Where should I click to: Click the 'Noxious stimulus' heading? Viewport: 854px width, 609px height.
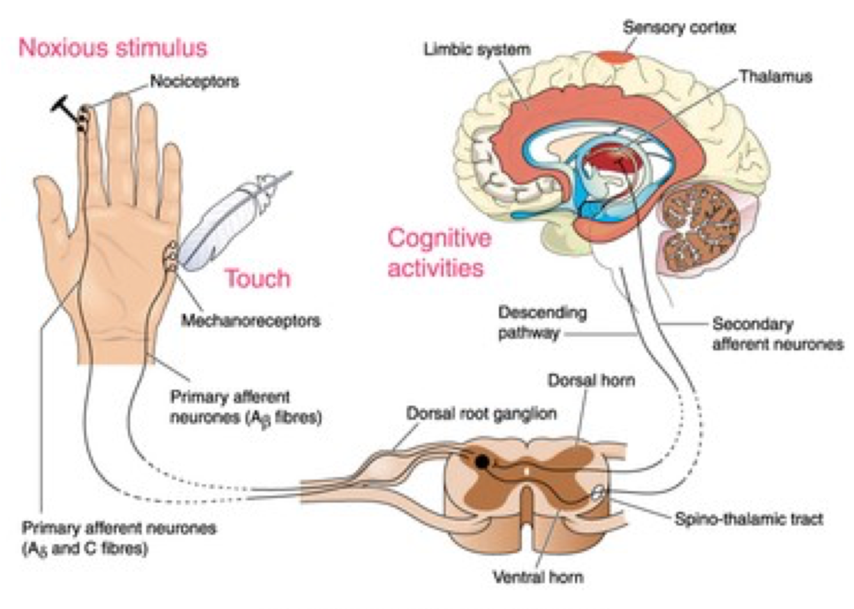point(113,48)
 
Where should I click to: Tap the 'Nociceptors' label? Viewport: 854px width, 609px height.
point(194,81)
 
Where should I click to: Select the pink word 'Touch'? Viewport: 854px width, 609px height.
point(257,279)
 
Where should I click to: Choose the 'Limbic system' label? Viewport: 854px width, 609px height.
point(477,49)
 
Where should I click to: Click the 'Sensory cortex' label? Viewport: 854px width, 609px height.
point(679,28)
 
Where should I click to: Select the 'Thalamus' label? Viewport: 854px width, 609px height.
point(775,77)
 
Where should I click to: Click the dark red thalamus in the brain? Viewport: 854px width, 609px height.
point(615,160)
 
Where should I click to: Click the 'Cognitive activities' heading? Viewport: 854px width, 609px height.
point(439,252)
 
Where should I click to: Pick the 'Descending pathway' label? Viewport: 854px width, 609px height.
point(542,322)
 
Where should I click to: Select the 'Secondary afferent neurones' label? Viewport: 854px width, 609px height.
point(777,334)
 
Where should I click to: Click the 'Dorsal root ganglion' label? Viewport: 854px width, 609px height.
point(481,414)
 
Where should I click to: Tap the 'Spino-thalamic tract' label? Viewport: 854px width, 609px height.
point(748,519)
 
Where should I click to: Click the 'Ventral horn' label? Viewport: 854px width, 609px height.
point(538,577)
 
